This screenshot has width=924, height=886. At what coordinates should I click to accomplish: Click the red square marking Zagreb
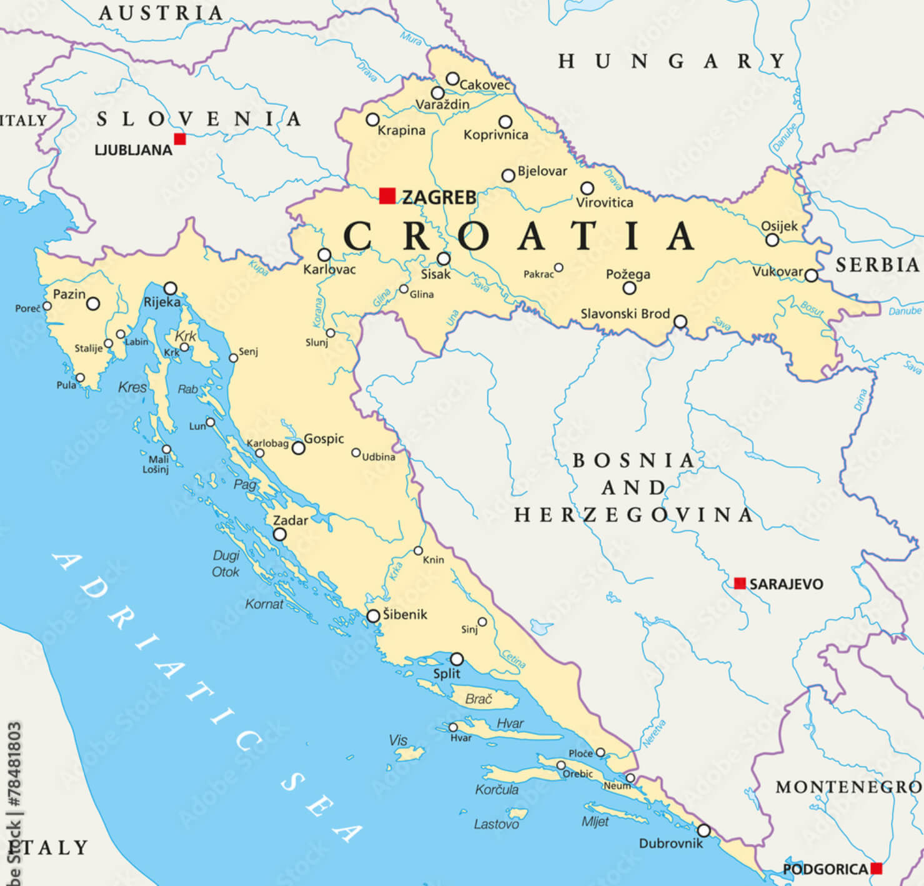tap(387, 196)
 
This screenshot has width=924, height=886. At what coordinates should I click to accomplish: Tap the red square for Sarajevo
tap(740, 583)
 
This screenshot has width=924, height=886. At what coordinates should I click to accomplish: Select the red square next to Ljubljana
tap(180, 139)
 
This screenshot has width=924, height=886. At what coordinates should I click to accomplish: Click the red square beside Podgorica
tap(877, 868)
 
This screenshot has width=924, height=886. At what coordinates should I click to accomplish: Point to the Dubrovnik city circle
tap(704, 830)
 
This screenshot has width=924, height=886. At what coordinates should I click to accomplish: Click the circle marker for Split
tap(457, 659)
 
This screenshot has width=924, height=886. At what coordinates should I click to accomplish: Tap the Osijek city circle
tap(772, 240)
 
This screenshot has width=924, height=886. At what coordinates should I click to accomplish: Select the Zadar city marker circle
tap(280, 534)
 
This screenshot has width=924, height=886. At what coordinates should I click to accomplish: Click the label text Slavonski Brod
tap(625, 314)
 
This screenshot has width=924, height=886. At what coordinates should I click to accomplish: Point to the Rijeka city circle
tap(171, 289)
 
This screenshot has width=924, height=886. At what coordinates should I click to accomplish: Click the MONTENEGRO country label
tap(848, 787)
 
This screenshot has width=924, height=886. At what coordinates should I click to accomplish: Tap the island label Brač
tap(479, 699)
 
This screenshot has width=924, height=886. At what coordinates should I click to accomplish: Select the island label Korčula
tap(497, 790)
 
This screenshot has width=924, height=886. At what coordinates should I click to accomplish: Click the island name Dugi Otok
tap(226, 564)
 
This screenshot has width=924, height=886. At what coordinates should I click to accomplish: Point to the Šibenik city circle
tap(373, 615)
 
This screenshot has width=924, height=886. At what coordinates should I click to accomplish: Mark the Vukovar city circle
tap(811, 276)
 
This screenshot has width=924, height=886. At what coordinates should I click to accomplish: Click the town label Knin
tap(434, 560)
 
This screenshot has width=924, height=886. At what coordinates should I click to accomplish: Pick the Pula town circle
tap(80, 377)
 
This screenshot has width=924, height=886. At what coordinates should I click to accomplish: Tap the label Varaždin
tap(442, 104)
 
